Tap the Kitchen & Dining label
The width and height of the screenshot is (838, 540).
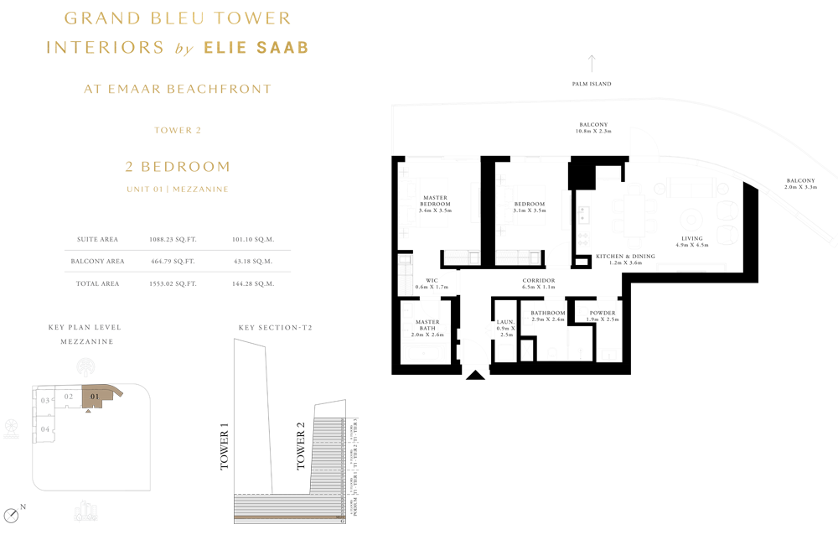[625, 257]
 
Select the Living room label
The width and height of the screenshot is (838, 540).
[691, 238]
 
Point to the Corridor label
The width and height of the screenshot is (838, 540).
[539, 281]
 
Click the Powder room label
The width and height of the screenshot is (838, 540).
[603, 314]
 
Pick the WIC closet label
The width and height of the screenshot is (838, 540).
[432, 281]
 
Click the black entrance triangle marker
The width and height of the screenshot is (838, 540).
[475, 374]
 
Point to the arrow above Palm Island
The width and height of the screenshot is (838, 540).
[592, 63]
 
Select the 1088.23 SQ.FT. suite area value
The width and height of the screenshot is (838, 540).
[173, 239]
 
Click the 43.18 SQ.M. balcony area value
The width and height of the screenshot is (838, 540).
[253, 262]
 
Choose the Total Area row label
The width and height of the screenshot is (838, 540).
[98, 283]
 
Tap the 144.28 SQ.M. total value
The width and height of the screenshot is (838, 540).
[253, 283]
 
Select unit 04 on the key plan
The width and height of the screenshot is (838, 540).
[45, 429]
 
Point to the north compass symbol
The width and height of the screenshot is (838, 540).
[11, 515]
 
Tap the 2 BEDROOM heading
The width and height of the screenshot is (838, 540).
[178, 166]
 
